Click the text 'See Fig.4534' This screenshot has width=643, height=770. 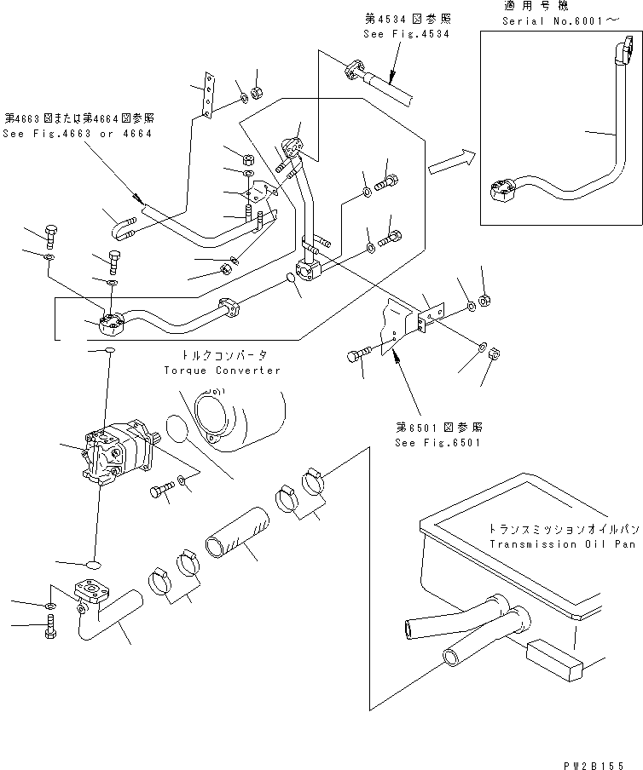coord(407,34)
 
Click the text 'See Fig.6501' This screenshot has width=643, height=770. coord(437,442)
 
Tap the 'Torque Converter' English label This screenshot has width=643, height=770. coord(223,371)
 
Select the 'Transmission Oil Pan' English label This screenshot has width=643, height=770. coord(562,544)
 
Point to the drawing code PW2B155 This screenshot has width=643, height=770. coord(594,765)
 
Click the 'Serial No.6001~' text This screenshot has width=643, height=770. coord(560,21)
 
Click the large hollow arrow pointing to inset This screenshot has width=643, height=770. coord(452,163)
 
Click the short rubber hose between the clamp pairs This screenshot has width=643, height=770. coord(237,534)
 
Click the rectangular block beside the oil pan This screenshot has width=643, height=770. coord(554,661)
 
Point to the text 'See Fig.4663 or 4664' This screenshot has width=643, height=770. coord(78,134)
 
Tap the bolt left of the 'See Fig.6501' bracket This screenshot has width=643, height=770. coord(358,354)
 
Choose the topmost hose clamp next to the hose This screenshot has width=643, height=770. coord(311,480)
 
